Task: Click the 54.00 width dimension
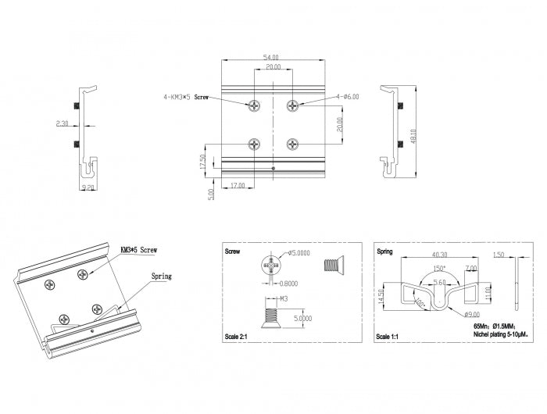click(272, 57)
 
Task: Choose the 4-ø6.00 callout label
click(347, 97)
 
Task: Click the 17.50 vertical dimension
click(202, 162)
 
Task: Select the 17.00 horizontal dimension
click(238, 186)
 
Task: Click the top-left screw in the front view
click(255, 105)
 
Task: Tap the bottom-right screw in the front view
click(292, 144)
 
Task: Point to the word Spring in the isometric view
click(161, 276)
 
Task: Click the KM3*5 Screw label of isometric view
click(139, 250)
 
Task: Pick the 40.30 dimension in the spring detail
click(439, 255)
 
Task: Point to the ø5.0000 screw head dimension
click(300, 252)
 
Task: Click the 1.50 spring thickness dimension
click(499, 255)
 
